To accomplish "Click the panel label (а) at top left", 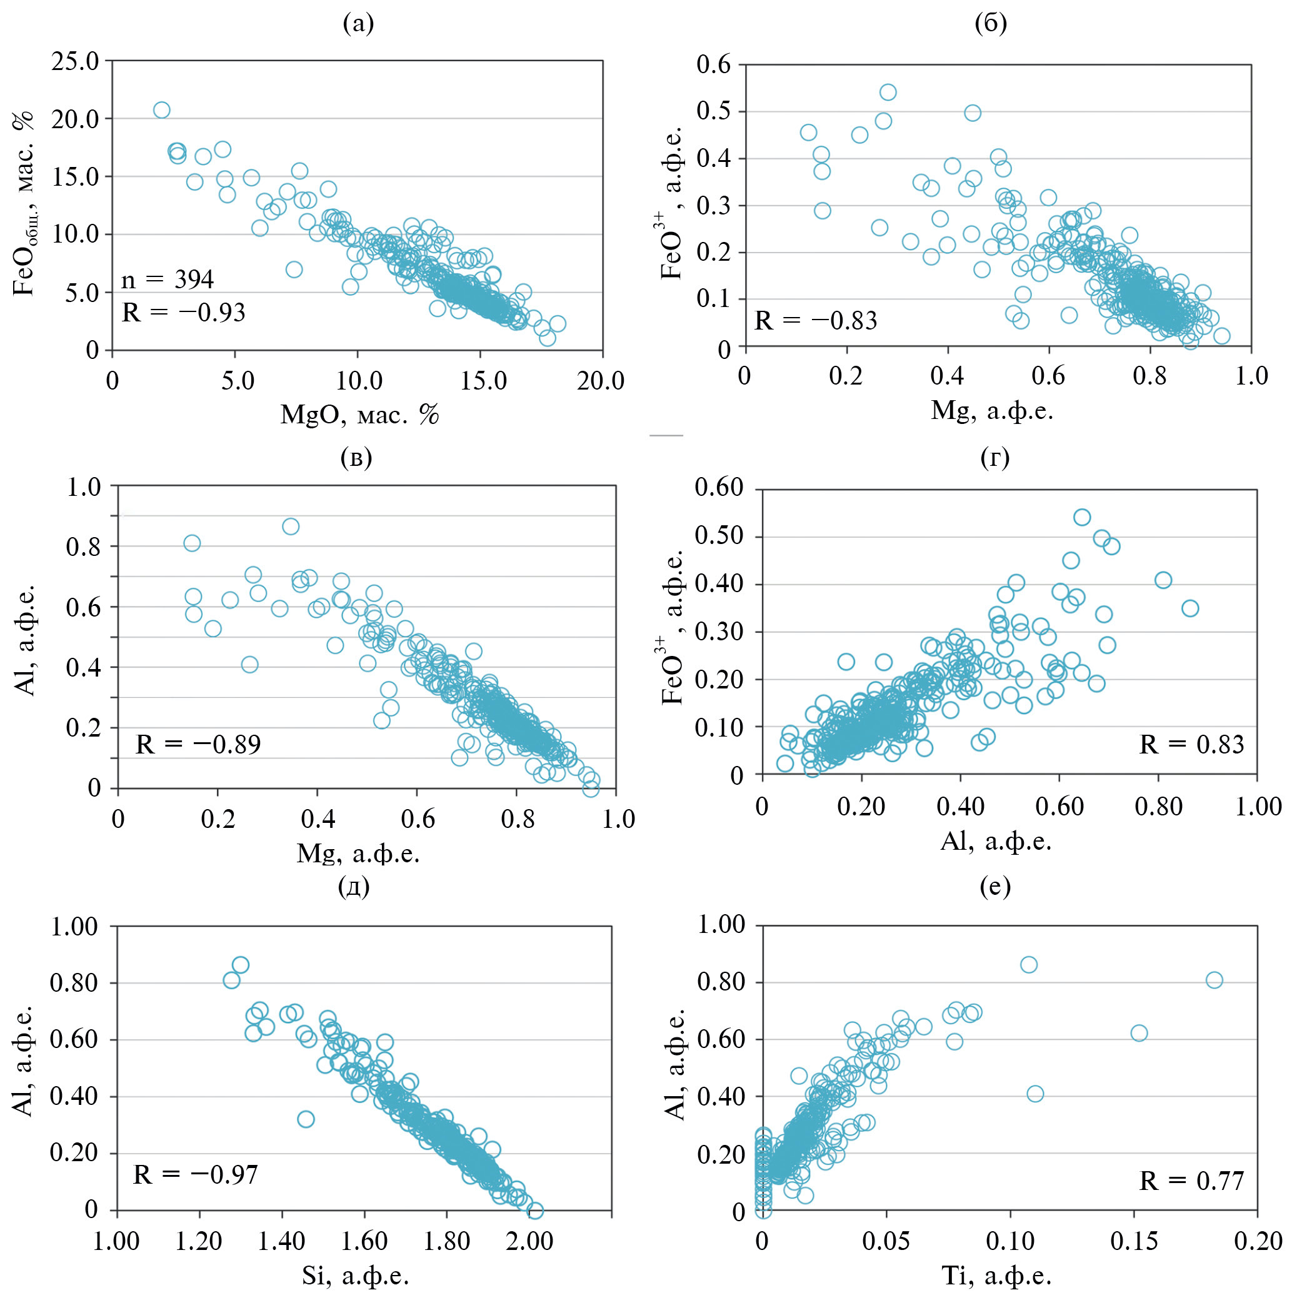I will coord(358,24).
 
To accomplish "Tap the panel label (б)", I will coord(990,24).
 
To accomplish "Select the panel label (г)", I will coord(994,458).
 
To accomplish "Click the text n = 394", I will coord(168,280).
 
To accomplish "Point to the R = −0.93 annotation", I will coord(184,312).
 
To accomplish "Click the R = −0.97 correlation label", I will coord(196,1174).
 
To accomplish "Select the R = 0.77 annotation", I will coord(1191,1180).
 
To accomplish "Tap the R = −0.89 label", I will coord(198,744).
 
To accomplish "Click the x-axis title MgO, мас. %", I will coord(359,415).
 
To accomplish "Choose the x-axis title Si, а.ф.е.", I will coord(355,1274).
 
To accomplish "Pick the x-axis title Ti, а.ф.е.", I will coord(996,1274).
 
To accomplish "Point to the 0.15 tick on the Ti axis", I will coord(1134,1240).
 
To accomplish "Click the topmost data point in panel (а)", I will coord(161,110).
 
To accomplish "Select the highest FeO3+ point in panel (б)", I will coord(888,92).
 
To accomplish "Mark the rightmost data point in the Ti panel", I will coord(1214,980).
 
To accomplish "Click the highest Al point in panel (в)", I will coord(291,527).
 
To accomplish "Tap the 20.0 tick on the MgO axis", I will coord(601,381).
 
